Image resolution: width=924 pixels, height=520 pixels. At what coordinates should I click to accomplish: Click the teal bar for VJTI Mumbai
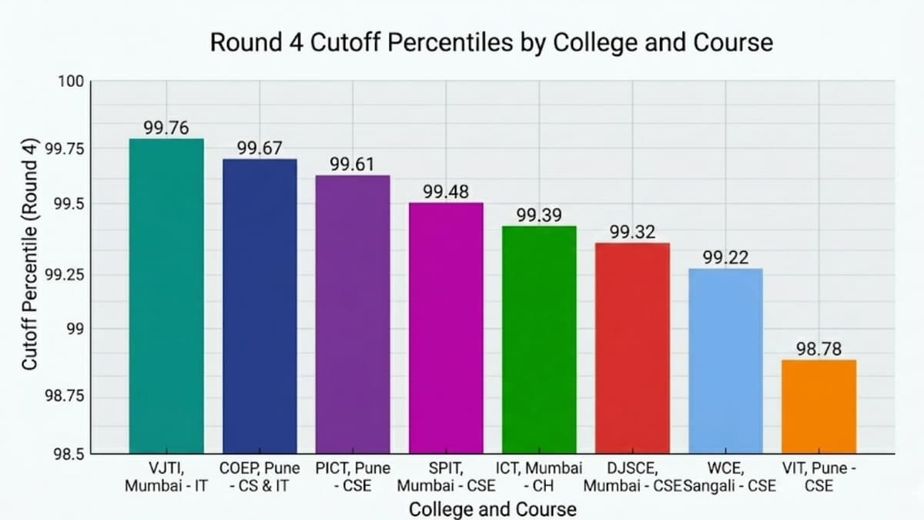click(166, 296)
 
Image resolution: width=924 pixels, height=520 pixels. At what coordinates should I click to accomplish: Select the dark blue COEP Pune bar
click(259, 306)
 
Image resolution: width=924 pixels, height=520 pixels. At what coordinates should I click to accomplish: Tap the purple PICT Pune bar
click(353, 314)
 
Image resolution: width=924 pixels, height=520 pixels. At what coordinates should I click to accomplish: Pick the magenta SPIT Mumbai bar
click(446, 327)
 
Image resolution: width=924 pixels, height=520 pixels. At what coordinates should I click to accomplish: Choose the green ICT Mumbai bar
click(539, 339)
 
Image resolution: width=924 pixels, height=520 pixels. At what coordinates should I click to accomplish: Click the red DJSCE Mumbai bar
click(632, 347)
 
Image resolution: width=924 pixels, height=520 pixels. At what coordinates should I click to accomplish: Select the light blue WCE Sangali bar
click(725, 361)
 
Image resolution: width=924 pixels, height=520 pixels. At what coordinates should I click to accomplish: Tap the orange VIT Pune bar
click(819, 406)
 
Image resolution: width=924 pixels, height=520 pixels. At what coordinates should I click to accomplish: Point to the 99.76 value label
click(166, 128)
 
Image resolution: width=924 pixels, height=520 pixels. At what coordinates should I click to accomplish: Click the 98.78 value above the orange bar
click(819, 350)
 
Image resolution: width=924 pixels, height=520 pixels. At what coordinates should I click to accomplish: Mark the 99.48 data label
click(446, 192)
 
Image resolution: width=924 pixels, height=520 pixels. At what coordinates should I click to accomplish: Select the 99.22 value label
click(725, 258)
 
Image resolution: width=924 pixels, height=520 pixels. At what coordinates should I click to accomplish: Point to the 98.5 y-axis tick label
click(70, 453)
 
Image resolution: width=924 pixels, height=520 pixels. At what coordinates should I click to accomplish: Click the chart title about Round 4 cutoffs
click(491, 42)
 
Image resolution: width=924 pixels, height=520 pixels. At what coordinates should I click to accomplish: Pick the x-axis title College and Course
click(492, 509)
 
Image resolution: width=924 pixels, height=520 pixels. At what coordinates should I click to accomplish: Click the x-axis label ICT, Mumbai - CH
click(538, 477)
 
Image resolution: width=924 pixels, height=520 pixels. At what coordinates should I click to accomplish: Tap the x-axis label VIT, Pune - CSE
click(819, 477)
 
